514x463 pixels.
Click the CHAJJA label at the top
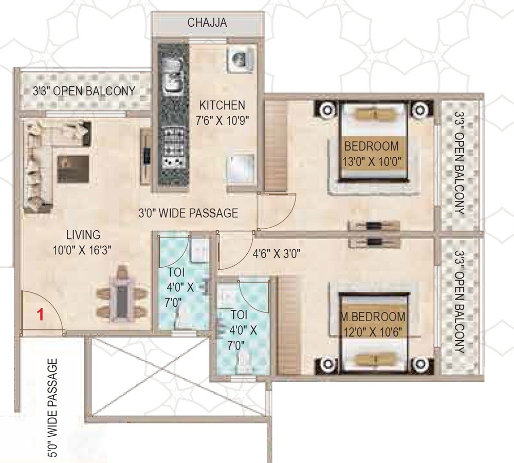207,23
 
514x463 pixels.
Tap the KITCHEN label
222,105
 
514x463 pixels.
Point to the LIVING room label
83,235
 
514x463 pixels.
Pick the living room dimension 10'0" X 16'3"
83,250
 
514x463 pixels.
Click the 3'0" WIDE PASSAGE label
188,213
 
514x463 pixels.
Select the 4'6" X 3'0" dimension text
276,253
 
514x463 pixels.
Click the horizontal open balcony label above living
84,91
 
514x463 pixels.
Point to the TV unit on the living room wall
146,154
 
